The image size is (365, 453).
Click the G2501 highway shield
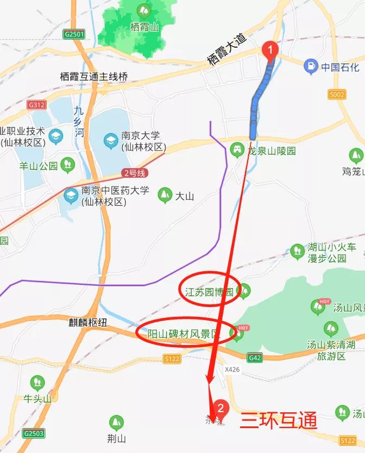74,34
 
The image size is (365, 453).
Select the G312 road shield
37,105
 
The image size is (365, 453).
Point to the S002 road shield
337,94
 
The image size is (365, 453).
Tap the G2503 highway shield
34,433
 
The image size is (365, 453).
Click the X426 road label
232,369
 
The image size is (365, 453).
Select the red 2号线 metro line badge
134,173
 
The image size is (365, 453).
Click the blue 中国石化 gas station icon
310,67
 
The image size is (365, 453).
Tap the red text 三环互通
278,420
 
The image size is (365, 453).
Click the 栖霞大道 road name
226,50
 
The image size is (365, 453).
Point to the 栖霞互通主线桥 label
94,77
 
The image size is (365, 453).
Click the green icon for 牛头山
37,383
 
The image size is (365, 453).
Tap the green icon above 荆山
115,423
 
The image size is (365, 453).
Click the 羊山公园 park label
39,166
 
